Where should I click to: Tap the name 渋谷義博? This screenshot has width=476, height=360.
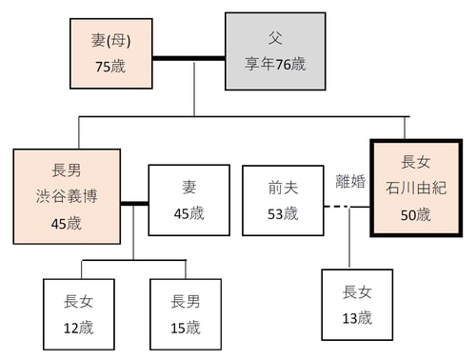(x=67, y=200)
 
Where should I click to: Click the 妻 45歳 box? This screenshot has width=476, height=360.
(x=188, y=200)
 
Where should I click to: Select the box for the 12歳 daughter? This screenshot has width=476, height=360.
(x=79, y=314)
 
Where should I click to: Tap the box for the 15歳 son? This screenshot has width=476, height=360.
(x=186, y=314)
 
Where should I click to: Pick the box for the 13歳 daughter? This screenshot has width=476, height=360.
(x=357, y=305)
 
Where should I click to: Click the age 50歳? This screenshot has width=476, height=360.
(x=416, y=214)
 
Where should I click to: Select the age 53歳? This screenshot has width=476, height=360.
(x=283, y=213)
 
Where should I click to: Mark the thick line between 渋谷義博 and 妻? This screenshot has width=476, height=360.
(x=134, y=202)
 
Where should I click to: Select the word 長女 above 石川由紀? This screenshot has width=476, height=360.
(x=416, y=161)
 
